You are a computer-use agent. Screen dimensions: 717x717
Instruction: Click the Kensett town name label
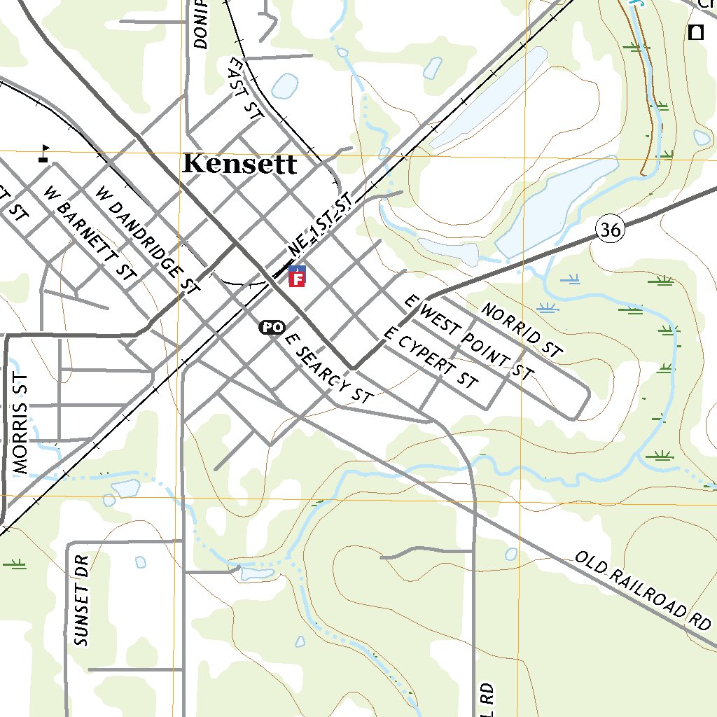tap(239, 164)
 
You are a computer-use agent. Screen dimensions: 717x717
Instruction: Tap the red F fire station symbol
tap(297, 279)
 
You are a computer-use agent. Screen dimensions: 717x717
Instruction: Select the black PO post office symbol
tap(272, 327)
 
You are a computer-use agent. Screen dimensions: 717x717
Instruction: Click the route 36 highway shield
tap(610, 229)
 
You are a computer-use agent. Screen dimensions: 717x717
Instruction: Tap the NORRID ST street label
tap(522, 330)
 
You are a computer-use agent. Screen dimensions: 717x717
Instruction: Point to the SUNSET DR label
tap(82, 601)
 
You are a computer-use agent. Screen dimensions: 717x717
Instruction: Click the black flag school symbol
tap(44, 153)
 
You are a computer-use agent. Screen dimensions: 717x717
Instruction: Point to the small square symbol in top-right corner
tap(695, 32)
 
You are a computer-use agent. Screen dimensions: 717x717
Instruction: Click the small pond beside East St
tap(284, 85)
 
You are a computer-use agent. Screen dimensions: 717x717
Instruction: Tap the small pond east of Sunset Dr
tap(139, 562)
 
